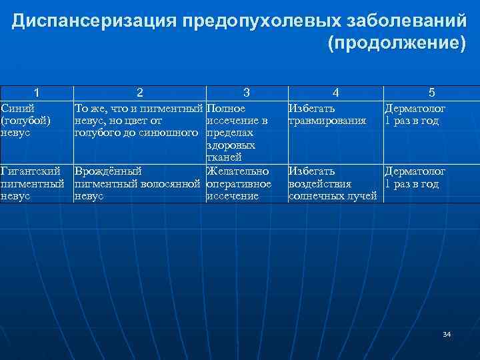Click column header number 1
coord(36,93)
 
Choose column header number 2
coord(139,93)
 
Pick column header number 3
coord(247,93)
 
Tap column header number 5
coord(431,93)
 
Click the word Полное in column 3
coord(226,108)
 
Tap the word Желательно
coord(238,171)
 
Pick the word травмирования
coord(327,121)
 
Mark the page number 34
coord(446,334)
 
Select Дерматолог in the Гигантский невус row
coord(415,171)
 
